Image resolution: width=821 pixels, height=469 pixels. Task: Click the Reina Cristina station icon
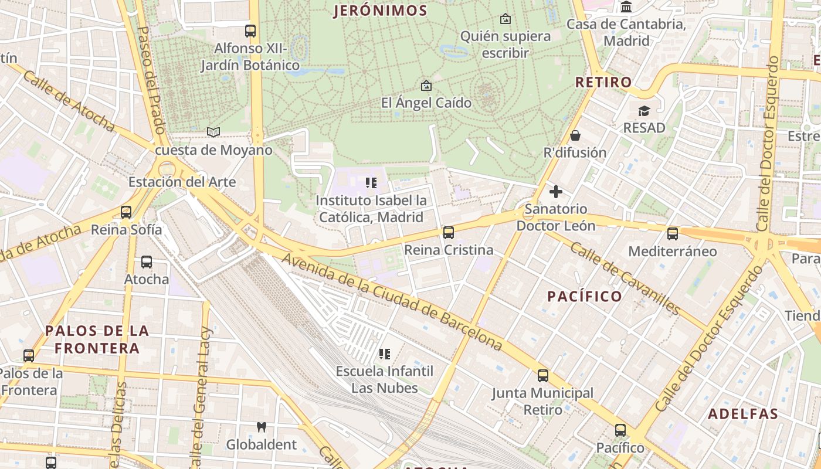[449, 233]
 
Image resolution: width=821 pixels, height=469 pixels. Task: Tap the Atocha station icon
[147, 262]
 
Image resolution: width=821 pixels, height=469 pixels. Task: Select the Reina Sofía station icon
[126, 212]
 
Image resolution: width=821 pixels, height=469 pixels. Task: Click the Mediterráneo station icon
[673, 234]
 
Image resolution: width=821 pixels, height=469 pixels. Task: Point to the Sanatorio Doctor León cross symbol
[555, 191]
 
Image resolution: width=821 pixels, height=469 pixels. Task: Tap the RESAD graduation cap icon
[644, 111]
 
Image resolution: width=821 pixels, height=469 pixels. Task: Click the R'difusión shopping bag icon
[575, 135]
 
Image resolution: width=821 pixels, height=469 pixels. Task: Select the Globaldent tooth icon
[262, 427]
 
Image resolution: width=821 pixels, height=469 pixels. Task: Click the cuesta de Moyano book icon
[213, 132]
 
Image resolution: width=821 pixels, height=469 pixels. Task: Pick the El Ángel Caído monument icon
[426, 86]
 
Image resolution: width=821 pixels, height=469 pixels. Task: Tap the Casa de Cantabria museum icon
[626, 7]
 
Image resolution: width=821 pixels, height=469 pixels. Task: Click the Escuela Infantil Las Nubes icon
[385, 354]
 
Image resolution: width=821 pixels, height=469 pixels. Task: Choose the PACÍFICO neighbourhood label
[585, 296]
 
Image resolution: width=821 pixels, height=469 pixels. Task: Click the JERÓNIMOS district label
[380, 11]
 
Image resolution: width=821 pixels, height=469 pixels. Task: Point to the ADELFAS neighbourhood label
[743, 414]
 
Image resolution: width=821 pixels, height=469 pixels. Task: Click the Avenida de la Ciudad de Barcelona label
[392, 302]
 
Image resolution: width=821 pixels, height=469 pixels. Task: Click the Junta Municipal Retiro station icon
[543, 376]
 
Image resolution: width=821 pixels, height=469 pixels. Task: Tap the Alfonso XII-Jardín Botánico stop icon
[250, 31]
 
